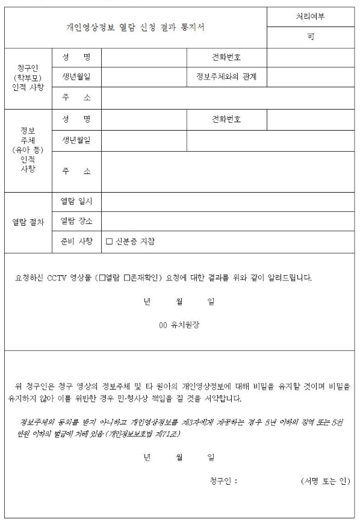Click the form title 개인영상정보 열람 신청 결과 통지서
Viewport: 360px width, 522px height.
135,27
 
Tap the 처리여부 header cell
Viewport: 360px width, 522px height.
311,17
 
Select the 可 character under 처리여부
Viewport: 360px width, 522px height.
311,37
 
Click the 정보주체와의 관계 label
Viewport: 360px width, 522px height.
226,77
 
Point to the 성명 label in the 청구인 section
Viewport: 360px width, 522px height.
76,57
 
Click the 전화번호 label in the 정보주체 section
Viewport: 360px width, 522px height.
226,119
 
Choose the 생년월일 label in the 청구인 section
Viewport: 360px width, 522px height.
76,77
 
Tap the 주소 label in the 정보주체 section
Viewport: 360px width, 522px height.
76,172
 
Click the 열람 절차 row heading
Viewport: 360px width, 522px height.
28,222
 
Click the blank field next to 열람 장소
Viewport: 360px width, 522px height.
228,222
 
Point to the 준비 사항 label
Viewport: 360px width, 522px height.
76,242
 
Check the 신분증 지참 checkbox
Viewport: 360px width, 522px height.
110,242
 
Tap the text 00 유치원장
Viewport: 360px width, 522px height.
179,325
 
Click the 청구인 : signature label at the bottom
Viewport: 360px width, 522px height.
223,480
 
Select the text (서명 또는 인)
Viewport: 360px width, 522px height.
324,480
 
